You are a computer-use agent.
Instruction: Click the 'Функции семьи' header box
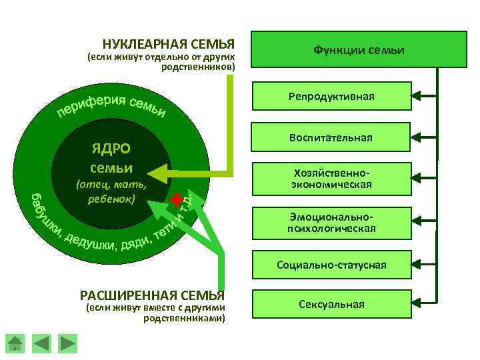(x=359, y=51)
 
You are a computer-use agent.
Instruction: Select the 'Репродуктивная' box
(x=331, y=97)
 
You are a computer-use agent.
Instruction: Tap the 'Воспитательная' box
(x=331, y=137)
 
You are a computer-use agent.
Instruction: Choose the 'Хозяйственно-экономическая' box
(x=331, y=178)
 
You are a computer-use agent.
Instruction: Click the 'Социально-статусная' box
(x=331, y=265)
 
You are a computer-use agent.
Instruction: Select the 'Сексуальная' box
(x=331, y=305)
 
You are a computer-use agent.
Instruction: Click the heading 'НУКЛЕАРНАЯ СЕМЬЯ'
(x=169, y=45)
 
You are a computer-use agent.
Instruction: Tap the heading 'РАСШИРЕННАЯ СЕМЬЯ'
(x=152, y=295)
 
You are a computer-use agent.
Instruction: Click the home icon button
(x=15, y=343)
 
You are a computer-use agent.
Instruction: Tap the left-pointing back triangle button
(x=41, y=343)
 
